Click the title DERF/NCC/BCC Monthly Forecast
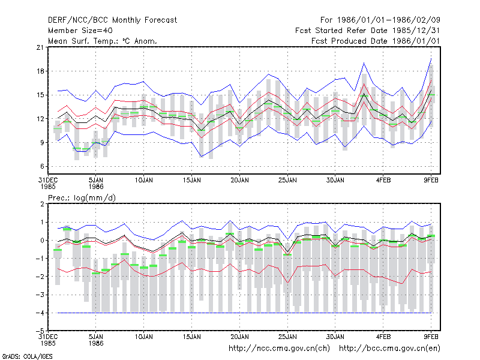coord(112,20)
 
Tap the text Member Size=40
coord(80,31)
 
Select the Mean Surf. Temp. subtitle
coord(102,41)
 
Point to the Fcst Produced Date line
coord(376,41)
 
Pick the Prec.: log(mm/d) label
coord(82,198)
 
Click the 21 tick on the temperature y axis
coord(40,47)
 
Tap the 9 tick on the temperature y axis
coord(42,143)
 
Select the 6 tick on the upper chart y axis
coord(42,167)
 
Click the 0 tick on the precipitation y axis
coord(42,241)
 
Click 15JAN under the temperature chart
coord(192,181)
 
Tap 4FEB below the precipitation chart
coord(383,337)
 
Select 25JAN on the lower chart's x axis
coord(287,337)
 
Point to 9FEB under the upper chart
coord(431,181)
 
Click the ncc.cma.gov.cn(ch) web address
coord(279,349)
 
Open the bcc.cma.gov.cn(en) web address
coord(389,349)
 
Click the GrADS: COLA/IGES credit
coord(27,356)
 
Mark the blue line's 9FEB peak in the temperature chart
coord(431,58)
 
